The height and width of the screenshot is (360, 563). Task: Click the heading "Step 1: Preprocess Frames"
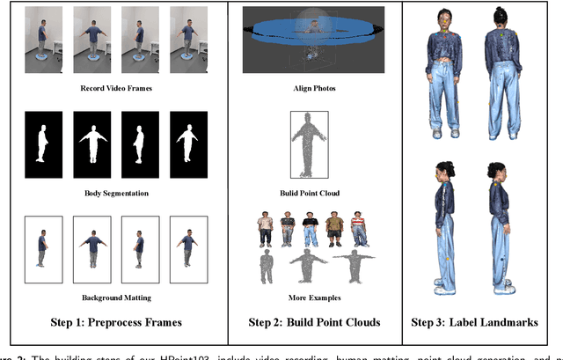click(x=113, y=322)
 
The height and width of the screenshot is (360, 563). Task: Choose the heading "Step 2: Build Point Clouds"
click(x=314, y=322)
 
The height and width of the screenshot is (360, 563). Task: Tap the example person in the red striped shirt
click(x=357, y=227)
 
